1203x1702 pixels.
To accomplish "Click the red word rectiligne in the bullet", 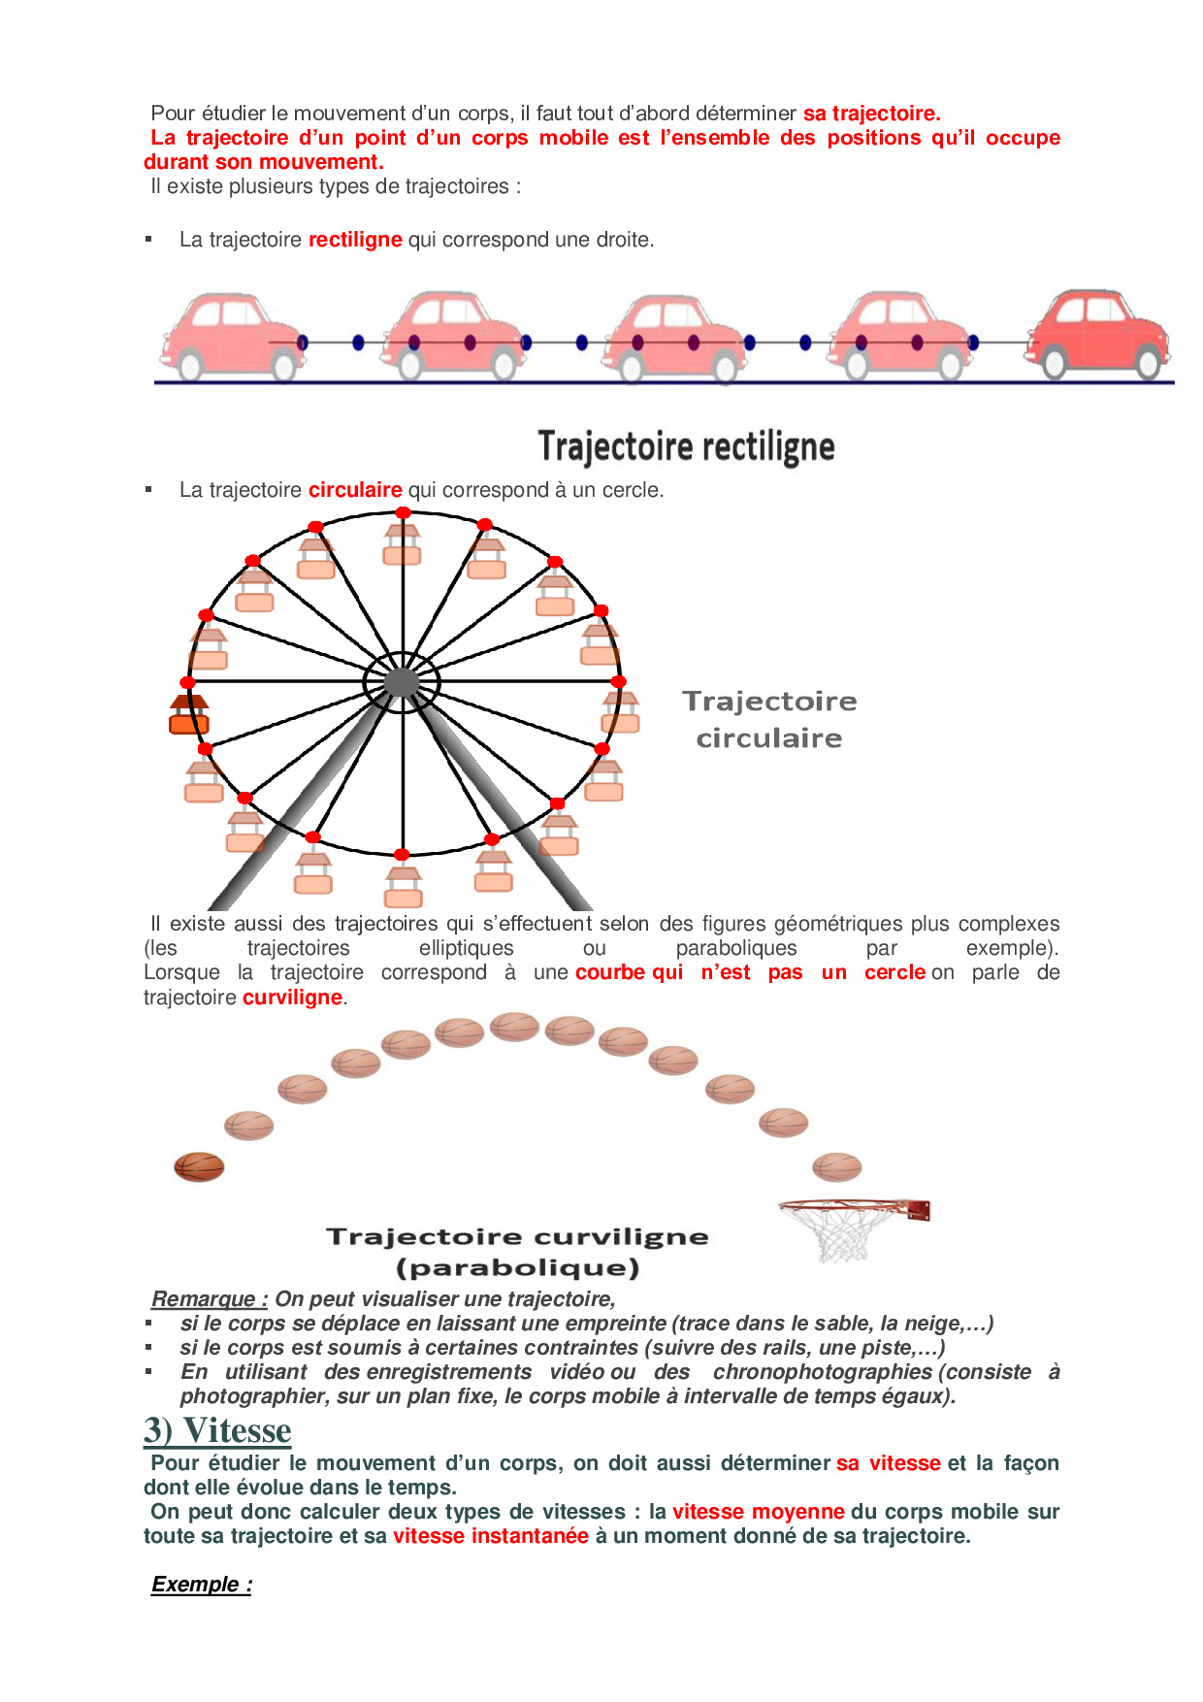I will (x=355, y=240).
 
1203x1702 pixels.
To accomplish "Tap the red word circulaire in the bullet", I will (x=355, y=490).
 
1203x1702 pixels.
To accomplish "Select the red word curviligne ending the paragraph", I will (x=292, y=998).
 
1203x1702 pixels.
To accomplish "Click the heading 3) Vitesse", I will (x=217, y=1431).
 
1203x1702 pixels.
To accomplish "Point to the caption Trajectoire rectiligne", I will (x=686, y=446).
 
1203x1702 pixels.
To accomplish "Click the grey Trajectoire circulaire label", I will (x=769, y=719).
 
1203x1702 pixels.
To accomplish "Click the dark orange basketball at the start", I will (x=199, y=1166).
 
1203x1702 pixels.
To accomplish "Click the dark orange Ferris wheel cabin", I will (x=189, y=714).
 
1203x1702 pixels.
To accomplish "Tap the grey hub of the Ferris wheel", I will (x=402, y=682).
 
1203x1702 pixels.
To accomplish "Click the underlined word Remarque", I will (x=209, y=1299).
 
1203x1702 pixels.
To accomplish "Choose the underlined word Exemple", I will (x=201, y=1585).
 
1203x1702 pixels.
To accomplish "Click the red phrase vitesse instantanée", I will (x=491, y=1536).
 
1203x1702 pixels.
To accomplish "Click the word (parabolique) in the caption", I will (x=518, y=1268).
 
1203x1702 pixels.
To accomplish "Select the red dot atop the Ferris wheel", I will (x=403, y=512).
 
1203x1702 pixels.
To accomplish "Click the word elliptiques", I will (x=466, y=948).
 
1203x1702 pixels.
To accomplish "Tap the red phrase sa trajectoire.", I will (x=871, y=114).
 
